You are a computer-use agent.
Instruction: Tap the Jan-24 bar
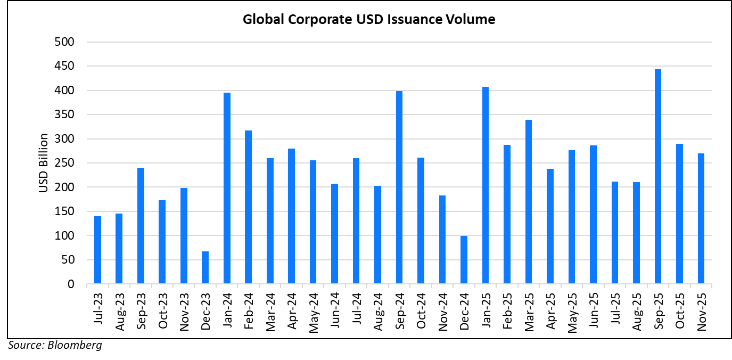pyautogui.click(x=227, y=188)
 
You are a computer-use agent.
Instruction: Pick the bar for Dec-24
pyautogui.click(x=464, y=260)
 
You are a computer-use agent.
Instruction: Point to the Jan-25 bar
pyautogui.click(x=486, y=185)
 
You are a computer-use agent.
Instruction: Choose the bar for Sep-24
pyautogui.click(x=399, y=187)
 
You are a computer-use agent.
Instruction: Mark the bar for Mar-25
pyautogui.click(x=529, y=202)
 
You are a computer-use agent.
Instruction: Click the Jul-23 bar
pyautogui.click(x=97, y=250)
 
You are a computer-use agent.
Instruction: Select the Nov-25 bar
pyautogui.click(x=701, y=218)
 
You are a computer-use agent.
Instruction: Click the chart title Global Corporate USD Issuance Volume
pyautogui.click(x=369, y=20)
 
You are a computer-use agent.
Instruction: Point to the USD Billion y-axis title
pyautogui.click(x=43, y=163)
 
